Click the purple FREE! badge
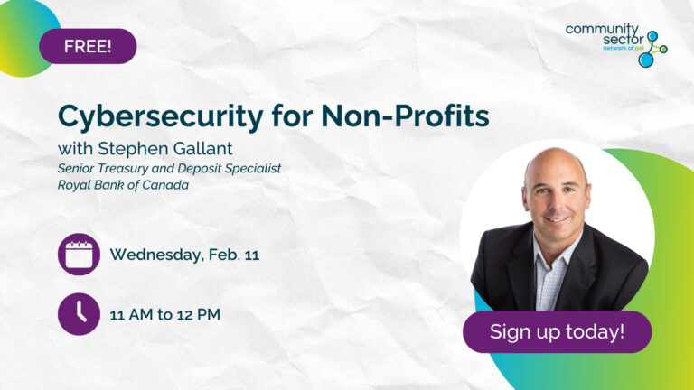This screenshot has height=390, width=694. (x=88, y=46)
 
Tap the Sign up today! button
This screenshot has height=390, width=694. (x=557, y=331)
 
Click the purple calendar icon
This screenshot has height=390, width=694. (x=79, y=255)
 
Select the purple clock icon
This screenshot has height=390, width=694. (x=79, y=314)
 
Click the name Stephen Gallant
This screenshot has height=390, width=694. (x=175, y=148)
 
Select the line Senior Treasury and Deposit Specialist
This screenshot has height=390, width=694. (x=170, y=168)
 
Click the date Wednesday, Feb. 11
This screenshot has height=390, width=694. (x=184, y=255)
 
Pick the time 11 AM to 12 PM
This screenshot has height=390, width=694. (x=164, y=315)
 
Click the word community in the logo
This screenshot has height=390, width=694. (x=602, y=29)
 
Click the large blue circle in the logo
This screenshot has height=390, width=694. (x=646, y=60)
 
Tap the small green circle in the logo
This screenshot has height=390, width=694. (x=664, y=49)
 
